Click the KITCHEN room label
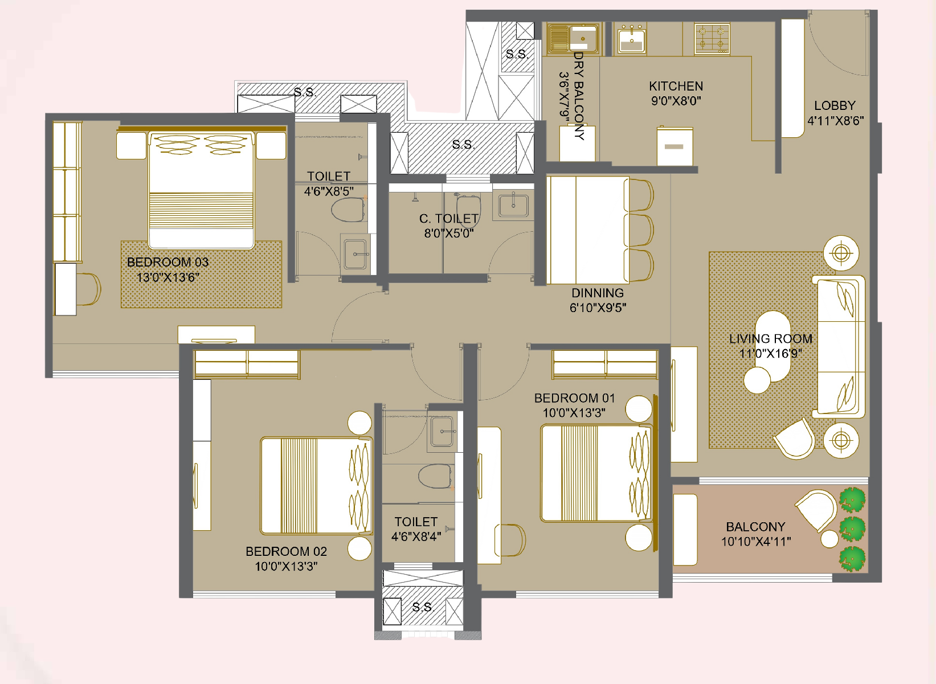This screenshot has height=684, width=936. (676, 86)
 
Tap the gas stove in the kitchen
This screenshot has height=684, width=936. (712, 39)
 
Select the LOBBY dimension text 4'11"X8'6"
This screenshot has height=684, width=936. (835, 121)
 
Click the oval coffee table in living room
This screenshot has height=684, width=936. (772, 346)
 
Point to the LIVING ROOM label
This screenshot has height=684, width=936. (770, 339)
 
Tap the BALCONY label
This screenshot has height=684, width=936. (755, 527)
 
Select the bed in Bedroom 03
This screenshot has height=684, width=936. (201, 190)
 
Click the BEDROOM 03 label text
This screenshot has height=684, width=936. (167, 263)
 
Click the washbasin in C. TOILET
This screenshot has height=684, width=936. (513, 206)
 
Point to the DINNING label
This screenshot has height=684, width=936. (597, 293)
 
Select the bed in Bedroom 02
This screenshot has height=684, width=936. (316, 486)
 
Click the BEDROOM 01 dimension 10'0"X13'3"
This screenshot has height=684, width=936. (574, 413)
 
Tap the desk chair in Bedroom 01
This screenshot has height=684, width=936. (510, 540)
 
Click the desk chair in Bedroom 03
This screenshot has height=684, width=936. (88, 289)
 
